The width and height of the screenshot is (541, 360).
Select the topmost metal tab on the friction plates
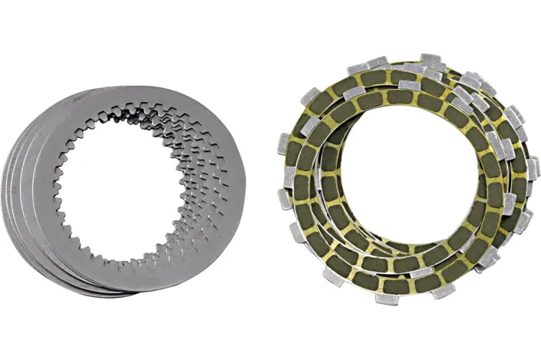[x=430, y=59]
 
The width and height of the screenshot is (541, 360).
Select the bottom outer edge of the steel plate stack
[x=115, y=292]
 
